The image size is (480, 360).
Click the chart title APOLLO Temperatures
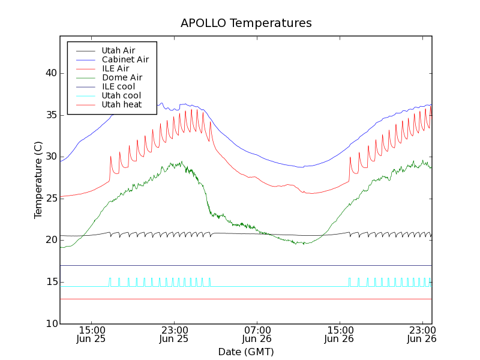[246, 23]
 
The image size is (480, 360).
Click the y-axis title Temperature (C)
[38, 180]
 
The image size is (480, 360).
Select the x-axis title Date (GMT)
[246, 352]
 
